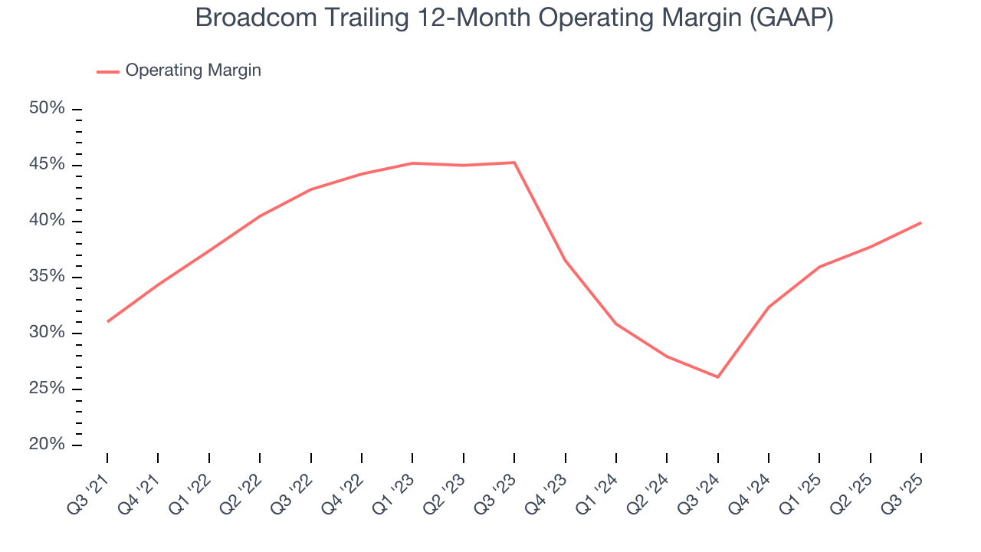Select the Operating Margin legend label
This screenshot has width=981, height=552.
tap(193, 71)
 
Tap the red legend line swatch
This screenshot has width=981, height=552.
tap(108, 71)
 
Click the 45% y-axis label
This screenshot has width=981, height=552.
tap(47, 165)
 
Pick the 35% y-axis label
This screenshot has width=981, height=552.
tap(47, 277)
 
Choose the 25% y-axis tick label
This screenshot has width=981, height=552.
tap(47, 389)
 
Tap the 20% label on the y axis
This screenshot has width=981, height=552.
tap(47, 445)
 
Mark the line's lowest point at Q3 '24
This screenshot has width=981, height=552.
tap(717, 377)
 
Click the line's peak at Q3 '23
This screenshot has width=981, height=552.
tap(514, 163)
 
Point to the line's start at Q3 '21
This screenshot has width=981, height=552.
tap(107, 321)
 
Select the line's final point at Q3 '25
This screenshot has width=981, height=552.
tap(920, 222)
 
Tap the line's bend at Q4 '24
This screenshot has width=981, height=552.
tap(769, 307)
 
